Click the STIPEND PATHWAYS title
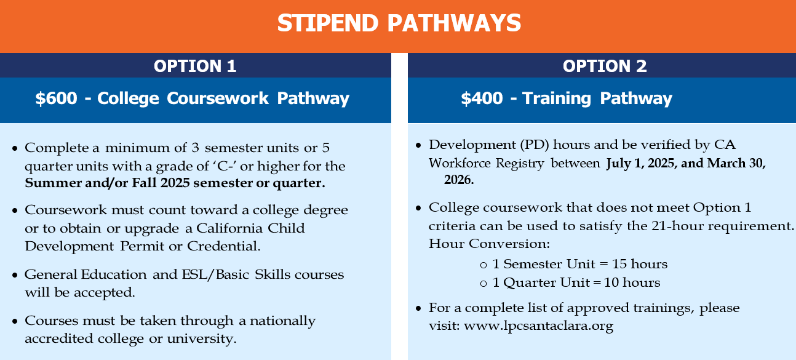[x=399, y=23]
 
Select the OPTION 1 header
[x=195, y=66]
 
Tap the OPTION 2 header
[x=605, y=66]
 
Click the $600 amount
[x=57, y=98]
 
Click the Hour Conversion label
[x=489, y=244]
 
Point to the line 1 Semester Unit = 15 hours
[x=579, y=264]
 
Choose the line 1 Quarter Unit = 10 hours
[x=576, y=282]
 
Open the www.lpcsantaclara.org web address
[x=538, y=326]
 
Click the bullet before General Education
[x=15, y=276]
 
